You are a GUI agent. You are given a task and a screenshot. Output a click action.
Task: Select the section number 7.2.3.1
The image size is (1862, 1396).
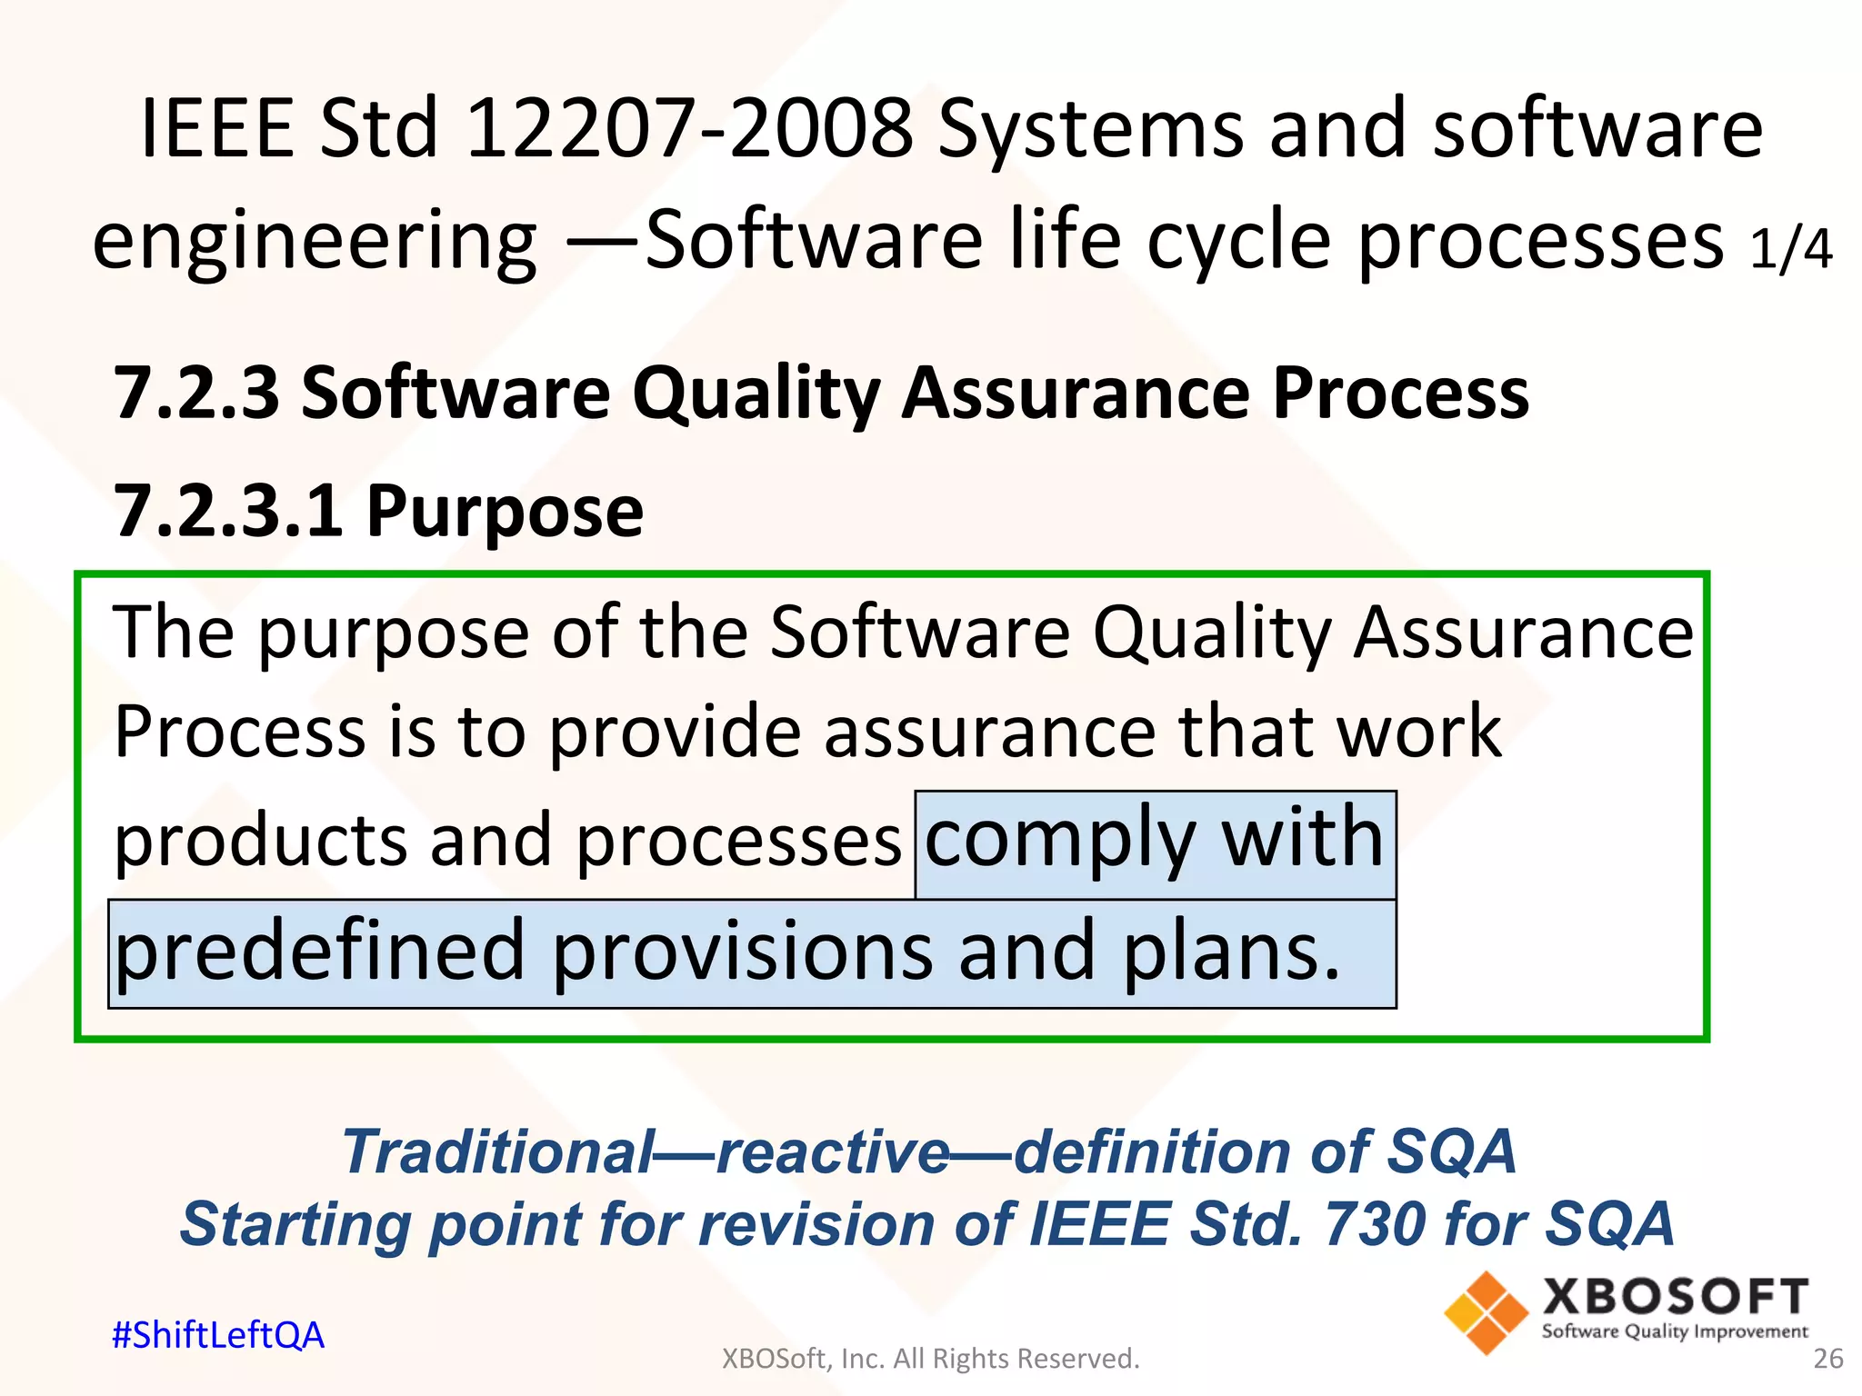click(227, 511)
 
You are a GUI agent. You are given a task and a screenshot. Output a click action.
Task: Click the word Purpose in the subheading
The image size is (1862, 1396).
click(505, 513)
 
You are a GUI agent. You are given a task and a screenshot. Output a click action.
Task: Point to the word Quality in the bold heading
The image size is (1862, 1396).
click(756, 394)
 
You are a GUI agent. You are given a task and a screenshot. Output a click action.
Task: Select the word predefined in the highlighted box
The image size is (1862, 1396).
click(320, 951)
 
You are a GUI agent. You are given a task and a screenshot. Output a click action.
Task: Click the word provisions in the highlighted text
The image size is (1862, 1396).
click(742, 951)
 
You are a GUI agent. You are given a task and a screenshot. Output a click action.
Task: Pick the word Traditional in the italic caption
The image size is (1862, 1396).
click(498, 1152)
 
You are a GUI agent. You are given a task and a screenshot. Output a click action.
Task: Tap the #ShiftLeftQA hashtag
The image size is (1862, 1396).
click(218, 1334)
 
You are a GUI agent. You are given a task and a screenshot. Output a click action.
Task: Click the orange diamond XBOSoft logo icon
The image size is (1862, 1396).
click(1486, 1312)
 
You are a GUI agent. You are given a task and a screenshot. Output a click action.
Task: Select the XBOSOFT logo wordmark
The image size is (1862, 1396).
click(1675, 1296)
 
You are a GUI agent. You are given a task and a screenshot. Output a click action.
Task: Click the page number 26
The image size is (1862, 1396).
click(1827, 1358)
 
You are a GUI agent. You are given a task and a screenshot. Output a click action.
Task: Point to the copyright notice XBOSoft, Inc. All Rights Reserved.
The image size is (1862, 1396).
click(930, 1358)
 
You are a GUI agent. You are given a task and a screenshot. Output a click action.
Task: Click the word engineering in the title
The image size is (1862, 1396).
click(315, 241)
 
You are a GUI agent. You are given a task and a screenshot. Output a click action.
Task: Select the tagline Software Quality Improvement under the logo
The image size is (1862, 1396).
click(1675, 1331)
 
